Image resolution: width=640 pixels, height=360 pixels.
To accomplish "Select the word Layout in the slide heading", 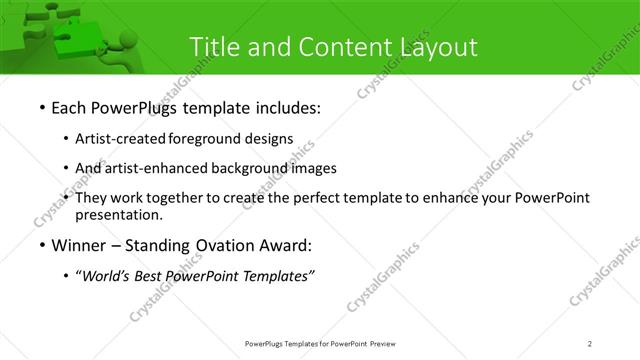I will (437, 46).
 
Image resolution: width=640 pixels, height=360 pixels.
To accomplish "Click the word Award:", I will (284, 245).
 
